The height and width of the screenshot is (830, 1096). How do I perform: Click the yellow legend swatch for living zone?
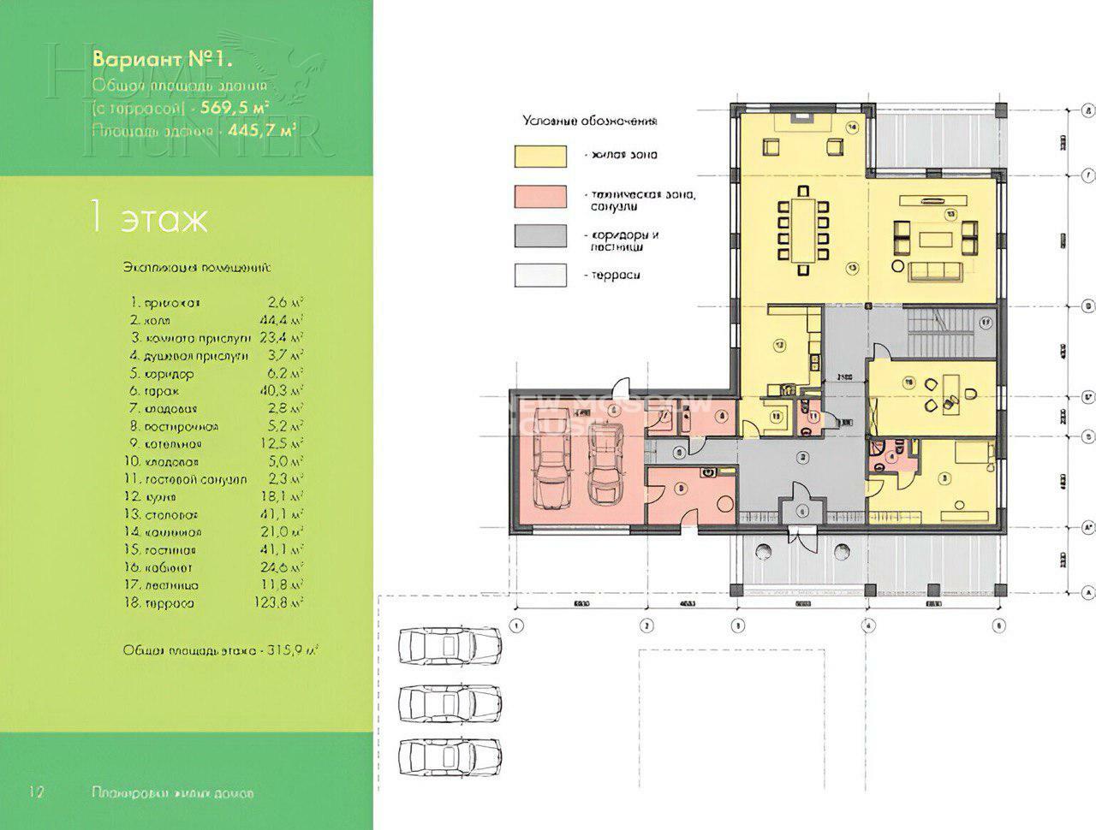click(540, 155)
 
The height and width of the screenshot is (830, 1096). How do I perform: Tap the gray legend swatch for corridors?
click(540, 237)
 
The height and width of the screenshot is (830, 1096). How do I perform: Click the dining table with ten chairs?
click(801, 230)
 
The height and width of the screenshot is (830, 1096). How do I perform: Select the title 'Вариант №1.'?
click(163, 61)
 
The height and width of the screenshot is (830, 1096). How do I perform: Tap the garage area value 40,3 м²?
click(285, 391)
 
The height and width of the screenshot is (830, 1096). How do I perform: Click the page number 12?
click(36, 791)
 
